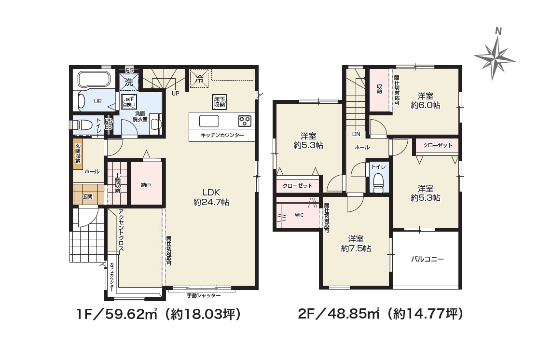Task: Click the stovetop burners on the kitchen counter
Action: pyautogui.click(x=245, y=120)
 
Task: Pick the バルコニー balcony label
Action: pyautogui.click(x=427, y=259)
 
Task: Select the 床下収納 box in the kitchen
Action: pyautogui.click(x=219, y=102)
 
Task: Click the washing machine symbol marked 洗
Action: pyautogui.click(x=129, y=82)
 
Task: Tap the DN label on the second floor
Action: pyautogui.click(x=357, y=134)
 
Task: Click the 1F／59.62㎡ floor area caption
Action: pyautogui.click(x=158, y=315)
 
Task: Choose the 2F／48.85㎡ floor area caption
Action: pyautogui.click(x=381, y=315)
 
